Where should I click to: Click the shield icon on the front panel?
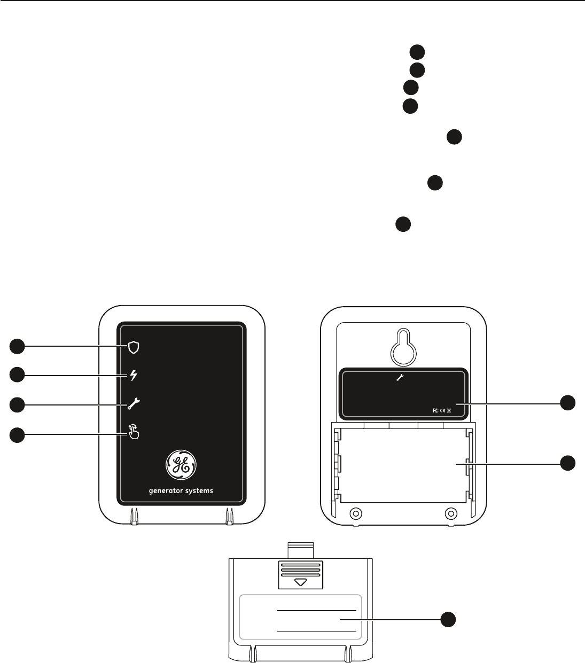pos(134,348)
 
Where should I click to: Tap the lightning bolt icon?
pos(134,376)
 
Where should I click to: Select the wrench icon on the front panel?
pos(133,404)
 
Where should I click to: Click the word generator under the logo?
pos(167,491)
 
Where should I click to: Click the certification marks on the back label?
pos(442,410)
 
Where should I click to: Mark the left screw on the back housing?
pos(354,513)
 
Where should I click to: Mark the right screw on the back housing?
pos(451,513)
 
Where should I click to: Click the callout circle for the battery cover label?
pos(448,620)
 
